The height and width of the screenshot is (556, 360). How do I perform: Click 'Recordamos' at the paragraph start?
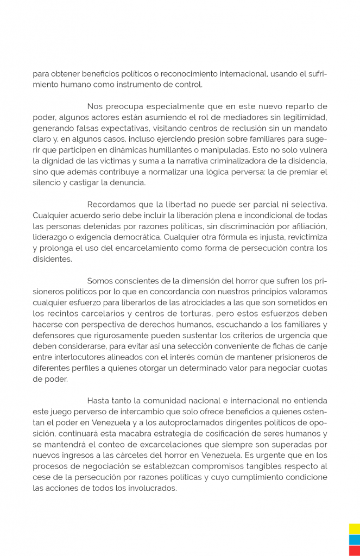coord(111,205)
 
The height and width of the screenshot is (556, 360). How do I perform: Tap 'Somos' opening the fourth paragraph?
coord(99,281)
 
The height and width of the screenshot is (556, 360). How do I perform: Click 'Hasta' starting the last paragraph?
coord(98,402)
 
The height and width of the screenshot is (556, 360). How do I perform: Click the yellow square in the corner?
coord(354,528)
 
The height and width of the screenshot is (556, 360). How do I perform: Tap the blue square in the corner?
coord(354,539)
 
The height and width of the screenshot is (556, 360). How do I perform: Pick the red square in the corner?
coord(354,550)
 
